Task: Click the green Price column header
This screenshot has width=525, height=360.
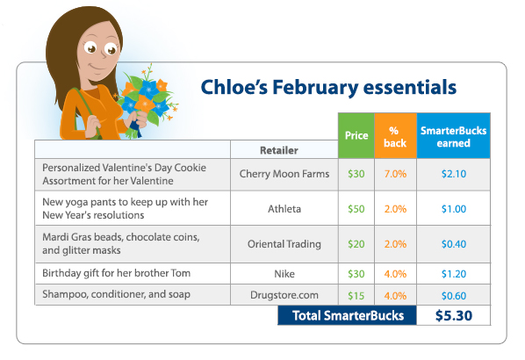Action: pyautogui.click(x=356, y=135)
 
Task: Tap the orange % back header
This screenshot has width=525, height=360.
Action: pyautogui.click(x=395, y=135)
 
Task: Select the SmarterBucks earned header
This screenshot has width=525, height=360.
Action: pyautogui.click(x=453, y=135)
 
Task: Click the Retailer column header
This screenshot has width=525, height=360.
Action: pyautogui.click(x=279, y=150)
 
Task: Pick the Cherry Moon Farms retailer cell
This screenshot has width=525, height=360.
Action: pyautogui.click(x=284, y=174)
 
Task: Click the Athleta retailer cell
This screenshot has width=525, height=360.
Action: pyautogui.click(x=284, y=209)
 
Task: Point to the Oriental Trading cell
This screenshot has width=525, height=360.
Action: pyautogui.click(x=284, y=244)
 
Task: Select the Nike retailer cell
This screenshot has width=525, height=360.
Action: pyautogui.click(x=284, y=274)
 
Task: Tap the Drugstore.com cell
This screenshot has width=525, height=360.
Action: pyautogui.click(x=284, y=295)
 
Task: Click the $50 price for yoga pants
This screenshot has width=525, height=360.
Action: pyautogui.click(x=356, y=209)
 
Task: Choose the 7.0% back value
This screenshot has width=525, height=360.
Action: pyautogui.click(x=395, y=174)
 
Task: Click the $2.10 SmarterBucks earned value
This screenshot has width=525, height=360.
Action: pyautogui.click(x=454, y=174)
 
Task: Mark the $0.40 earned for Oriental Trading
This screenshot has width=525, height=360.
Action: pyautogui.click(x=454, y=244)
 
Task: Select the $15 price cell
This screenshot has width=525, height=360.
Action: pyautogui.click(x=356, y=296)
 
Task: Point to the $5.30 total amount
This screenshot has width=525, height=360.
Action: pyautogui.click(x=454, y=315)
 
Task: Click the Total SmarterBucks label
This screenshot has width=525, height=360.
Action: pyautogui.click(x=348, y=315)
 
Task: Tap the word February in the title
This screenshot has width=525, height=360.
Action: pyautogui.click(x=315, y=88)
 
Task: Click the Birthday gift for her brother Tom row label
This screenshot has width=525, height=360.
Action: pyautogui.click(x=116, y=273)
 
